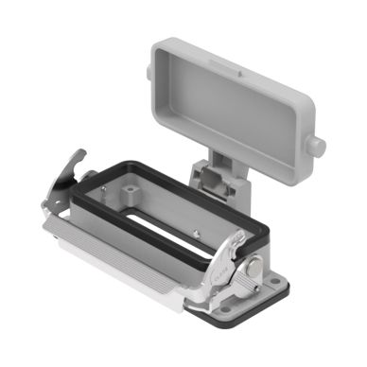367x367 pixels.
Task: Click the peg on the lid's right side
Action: pyautogui.click(x=318, y=147)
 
